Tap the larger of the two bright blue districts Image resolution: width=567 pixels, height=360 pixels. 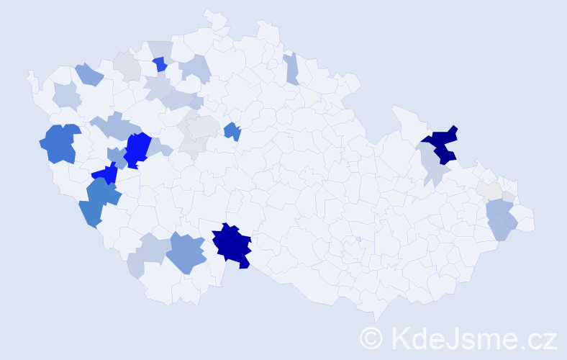pos(137,149)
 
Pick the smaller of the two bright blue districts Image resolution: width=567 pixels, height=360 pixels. pos(106,174)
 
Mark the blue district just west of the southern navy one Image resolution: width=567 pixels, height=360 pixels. pos(189,253)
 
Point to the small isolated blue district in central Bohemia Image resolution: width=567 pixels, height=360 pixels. pos(232,131)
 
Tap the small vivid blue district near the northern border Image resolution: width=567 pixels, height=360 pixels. pos(160,65)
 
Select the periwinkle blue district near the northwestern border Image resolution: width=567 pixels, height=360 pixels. pos(89,73)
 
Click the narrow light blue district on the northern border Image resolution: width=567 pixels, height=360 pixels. pos(291,69)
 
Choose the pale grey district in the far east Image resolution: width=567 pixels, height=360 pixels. pos(489,190)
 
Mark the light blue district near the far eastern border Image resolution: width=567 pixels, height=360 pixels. pos(501,220)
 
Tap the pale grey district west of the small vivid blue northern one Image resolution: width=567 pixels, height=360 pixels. pos(128,66)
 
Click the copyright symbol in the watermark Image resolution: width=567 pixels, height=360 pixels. pos(371,338)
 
